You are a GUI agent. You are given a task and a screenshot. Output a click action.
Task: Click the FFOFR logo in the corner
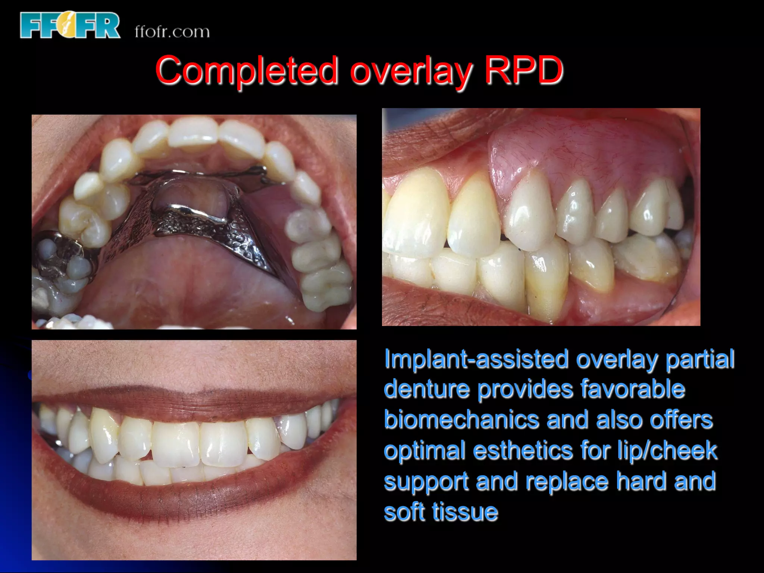pos(70,25)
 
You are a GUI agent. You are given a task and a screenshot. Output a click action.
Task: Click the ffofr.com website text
pos(172,32)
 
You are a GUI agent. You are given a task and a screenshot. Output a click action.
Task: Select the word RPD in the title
pos(523,70)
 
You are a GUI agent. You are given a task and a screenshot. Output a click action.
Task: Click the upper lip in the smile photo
pos(194,403)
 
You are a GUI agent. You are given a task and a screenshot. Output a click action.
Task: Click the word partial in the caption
pos(700,359)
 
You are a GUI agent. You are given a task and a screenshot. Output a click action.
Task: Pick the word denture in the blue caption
pos(427,389)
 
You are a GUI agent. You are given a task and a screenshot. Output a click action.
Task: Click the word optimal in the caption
pos(425,451)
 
